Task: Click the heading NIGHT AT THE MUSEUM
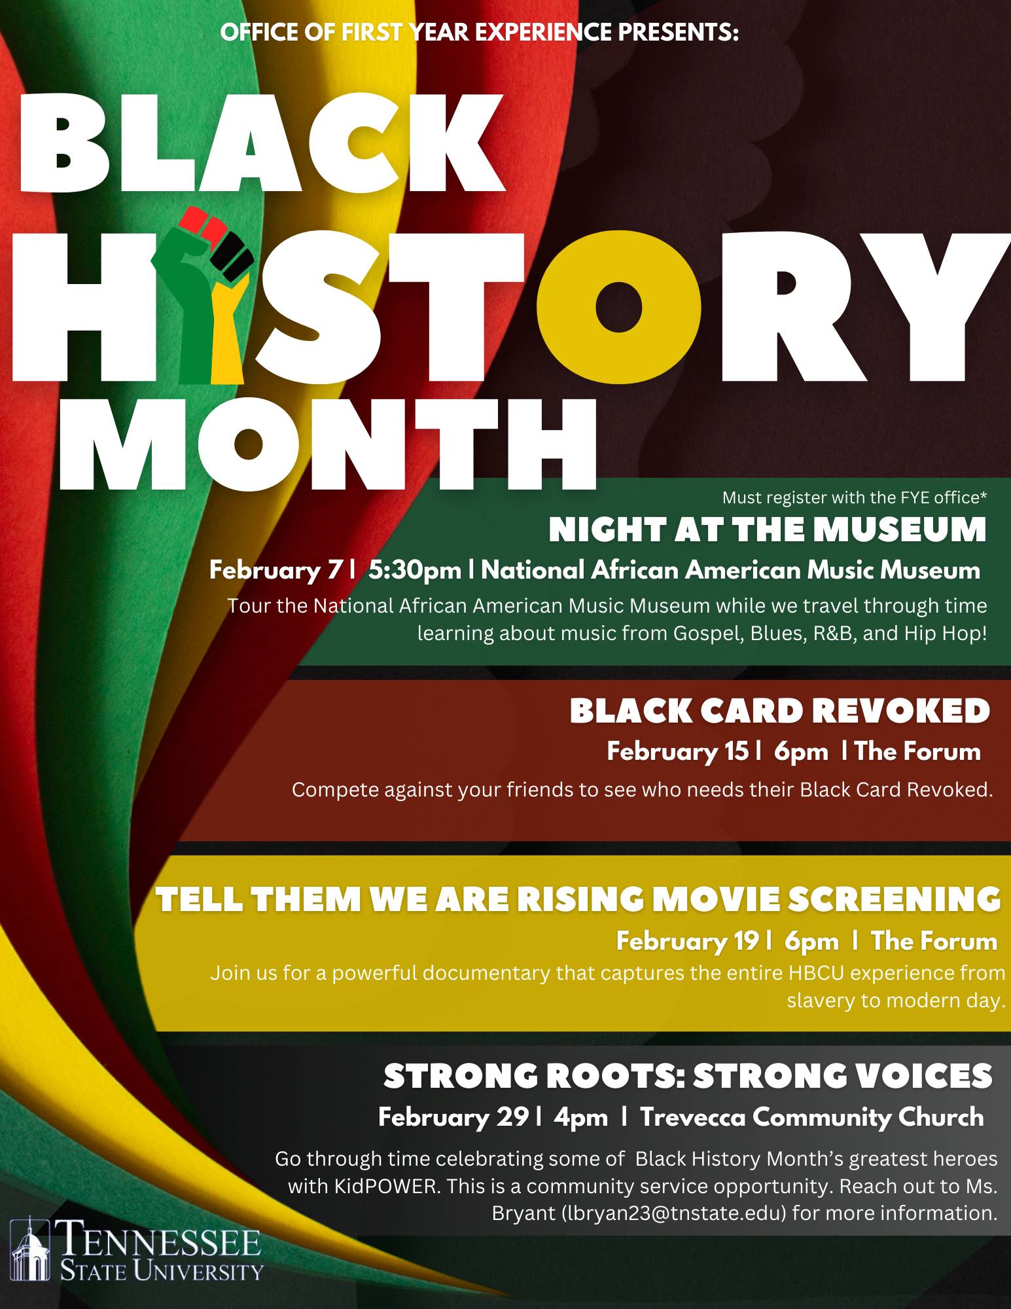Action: tap(767, 529)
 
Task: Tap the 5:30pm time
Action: tap(414, 570)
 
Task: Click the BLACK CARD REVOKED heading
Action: tap(779, 711)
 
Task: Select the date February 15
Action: tap(677, 751)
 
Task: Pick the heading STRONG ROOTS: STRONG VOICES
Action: tap(688, 1076)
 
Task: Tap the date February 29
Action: tap(453, 1117)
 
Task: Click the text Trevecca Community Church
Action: tap(812, 1117)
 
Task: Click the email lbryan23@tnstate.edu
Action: tap(673, 1213)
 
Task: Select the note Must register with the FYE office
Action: tap(854, 497)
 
